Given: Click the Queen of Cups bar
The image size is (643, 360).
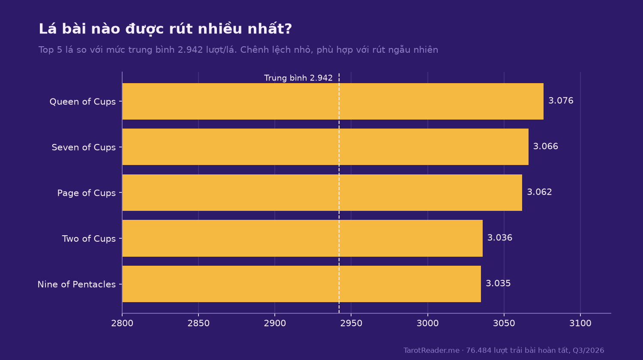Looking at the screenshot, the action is coord(333,101).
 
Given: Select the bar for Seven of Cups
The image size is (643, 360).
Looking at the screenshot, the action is coord(325,147).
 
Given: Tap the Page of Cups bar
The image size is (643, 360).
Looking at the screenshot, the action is coord(322,192).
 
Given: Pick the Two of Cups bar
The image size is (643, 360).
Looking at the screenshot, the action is coord(302,238).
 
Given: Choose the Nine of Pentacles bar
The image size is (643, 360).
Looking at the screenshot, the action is coord(301,284).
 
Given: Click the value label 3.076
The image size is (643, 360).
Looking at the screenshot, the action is coord(561,101).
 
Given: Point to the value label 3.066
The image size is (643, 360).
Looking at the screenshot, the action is coord(545,147).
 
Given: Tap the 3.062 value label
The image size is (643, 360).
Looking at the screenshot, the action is coord(539,192).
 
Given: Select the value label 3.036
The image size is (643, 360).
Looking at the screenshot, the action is coord(500,238).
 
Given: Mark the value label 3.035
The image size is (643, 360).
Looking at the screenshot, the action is coord(498,283).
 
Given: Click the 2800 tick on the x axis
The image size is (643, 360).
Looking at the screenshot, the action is coord(122,323).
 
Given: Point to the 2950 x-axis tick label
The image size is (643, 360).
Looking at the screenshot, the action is coord(351,323).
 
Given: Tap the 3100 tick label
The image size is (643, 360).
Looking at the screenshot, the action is coord(580,323).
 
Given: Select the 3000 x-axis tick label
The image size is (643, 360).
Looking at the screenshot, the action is coord(427,323).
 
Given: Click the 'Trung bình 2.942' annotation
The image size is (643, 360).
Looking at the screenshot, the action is coord(298,78).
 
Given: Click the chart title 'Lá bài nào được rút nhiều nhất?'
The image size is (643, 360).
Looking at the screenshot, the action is coord(165,29).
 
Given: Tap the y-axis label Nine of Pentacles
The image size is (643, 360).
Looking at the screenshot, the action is coord(77,284).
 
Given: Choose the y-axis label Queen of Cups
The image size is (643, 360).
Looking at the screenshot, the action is coord(83,102).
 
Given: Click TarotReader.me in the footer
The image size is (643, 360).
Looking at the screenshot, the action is coord(431,350).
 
